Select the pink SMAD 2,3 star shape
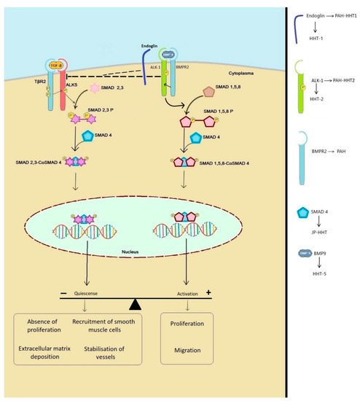click(x=71, y=88)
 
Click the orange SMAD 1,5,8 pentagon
click(x=208, y=93)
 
